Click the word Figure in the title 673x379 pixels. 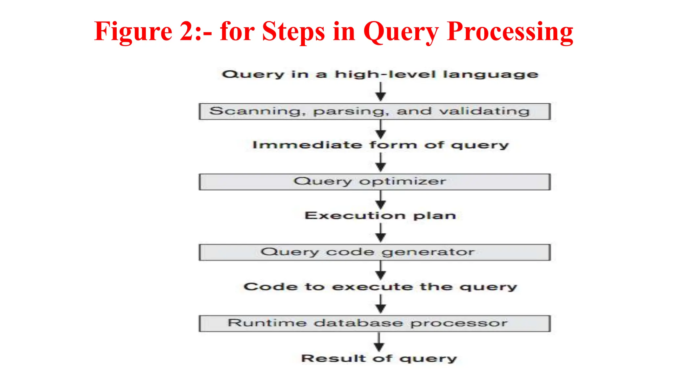133,32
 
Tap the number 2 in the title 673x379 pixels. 188,32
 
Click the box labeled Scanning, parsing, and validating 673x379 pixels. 374,112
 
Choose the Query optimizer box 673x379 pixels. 374,182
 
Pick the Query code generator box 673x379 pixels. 374,252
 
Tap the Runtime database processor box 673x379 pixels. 374,323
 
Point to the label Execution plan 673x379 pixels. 380,216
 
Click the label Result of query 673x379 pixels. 379,358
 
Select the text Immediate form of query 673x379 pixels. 380,145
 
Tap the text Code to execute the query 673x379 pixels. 380,287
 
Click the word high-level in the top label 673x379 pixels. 385,74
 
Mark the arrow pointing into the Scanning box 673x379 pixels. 381,92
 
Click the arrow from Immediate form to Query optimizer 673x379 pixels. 381,163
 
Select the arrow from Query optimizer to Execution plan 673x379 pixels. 381,200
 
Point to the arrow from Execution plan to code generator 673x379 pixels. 381,233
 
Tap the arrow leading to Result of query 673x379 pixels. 379,342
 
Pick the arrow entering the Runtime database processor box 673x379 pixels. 381,304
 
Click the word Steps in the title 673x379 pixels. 293,32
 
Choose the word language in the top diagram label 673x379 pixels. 491,75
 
